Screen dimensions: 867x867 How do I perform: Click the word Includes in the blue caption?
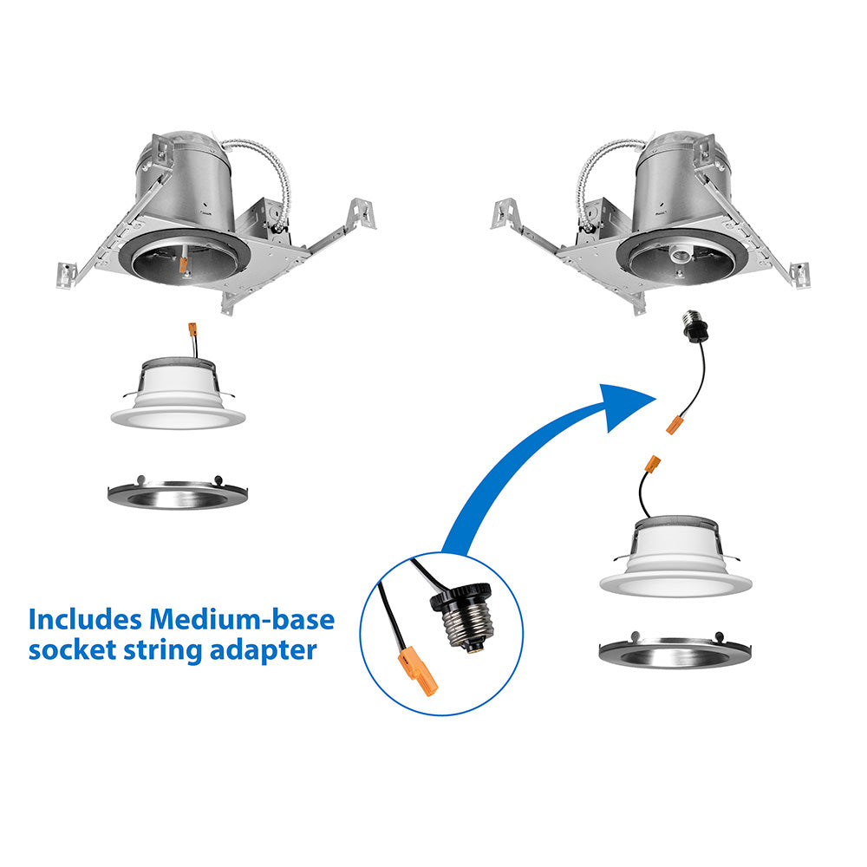click(85, 619)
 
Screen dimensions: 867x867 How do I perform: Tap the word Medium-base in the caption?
click(242, 619)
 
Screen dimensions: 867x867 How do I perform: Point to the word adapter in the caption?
click(264, 651)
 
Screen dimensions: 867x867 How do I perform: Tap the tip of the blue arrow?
click(655, 398)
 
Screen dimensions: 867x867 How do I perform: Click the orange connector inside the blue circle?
click(418, 673)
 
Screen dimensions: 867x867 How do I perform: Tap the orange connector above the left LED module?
click(192, 330)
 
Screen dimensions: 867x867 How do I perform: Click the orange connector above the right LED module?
click(653, 463)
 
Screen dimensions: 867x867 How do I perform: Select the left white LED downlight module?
click(178, 394)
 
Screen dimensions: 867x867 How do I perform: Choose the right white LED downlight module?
click(675, 557)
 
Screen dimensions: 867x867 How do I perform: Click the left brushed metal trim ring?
click(178, 492)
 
